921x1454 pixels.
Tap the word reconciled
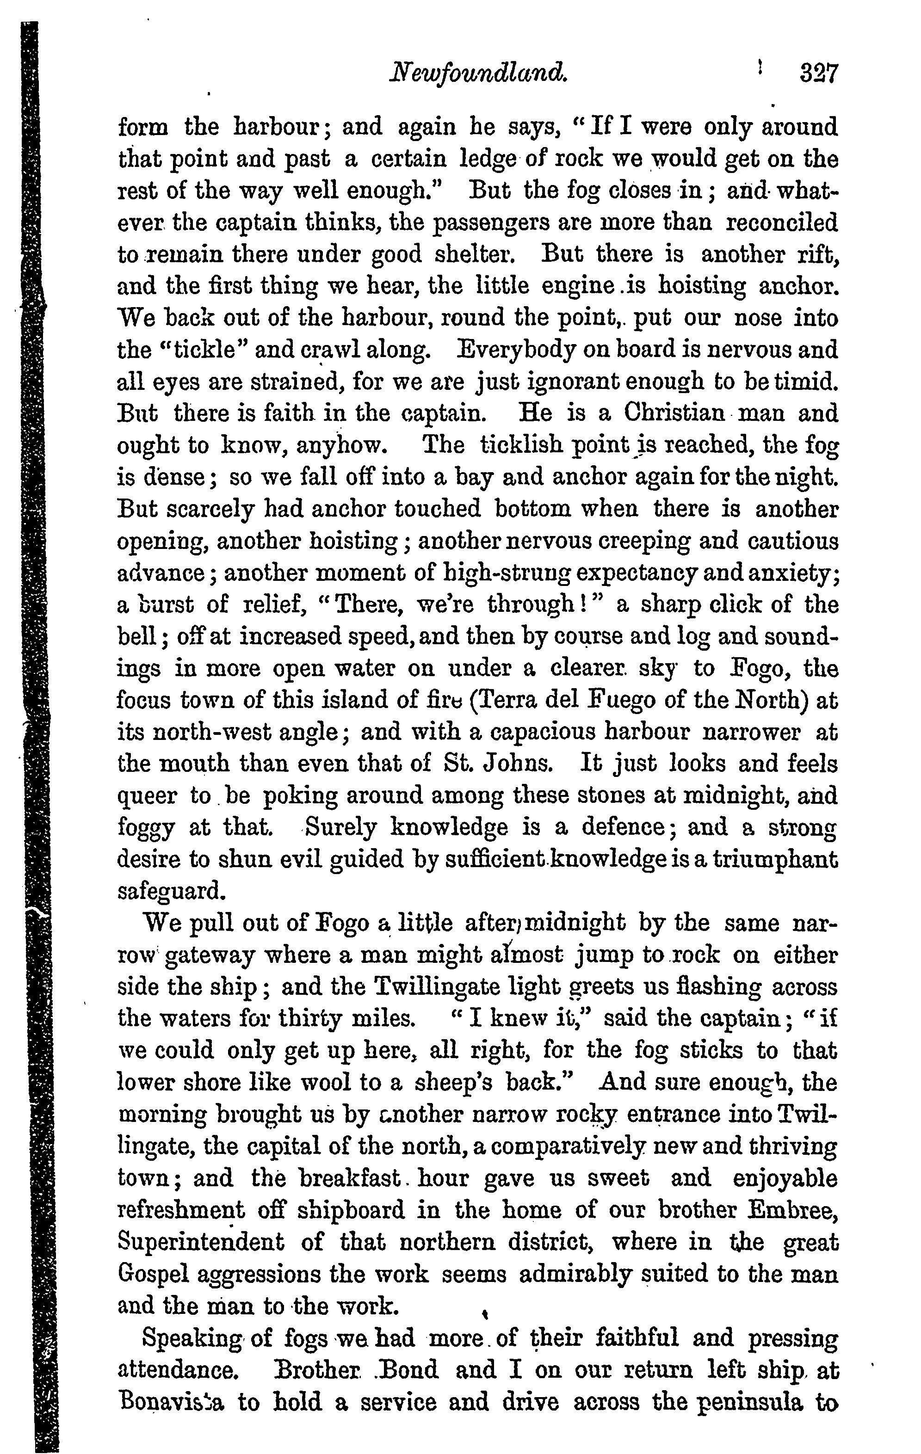click(781, 223)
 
